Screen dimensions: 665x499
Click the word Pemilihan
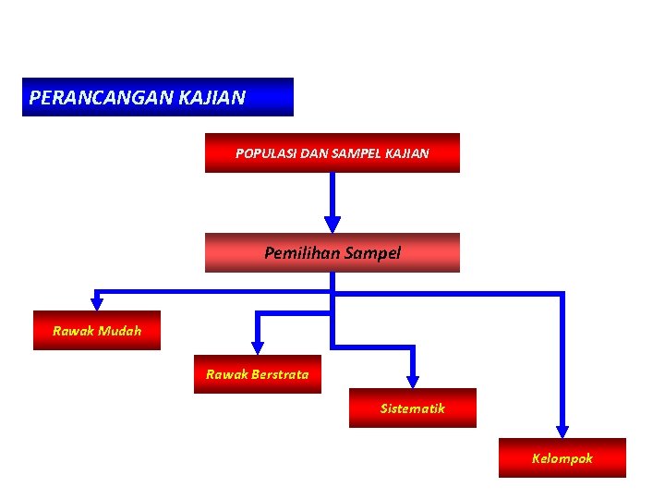click(x=302, y=252)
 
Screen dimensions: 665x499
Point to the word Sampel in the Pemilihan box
click(x=372, y=252)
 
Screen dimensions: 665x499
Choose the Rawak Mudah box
click(x=97, y=331)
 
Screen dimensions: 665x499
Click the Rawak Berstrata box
click(x=258, y=374)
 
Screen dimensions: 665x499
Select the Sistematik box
click(x=413, y=408)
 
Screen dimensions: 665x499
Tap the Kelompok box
click(x=562, y=457)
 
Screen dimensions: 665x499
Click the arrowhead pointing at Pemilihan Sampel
click(x=332, y=224)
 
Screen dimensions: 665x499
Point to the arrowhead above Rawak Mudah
click(x=97, y=302)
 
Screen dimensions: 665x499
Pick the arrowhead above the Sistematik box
click(x=413, y=380)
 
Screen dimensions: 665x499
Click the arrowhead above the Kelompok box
click(x=562, y=431)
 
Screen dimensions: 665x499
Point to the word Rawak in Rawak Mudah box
click(x=72, y=331)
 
